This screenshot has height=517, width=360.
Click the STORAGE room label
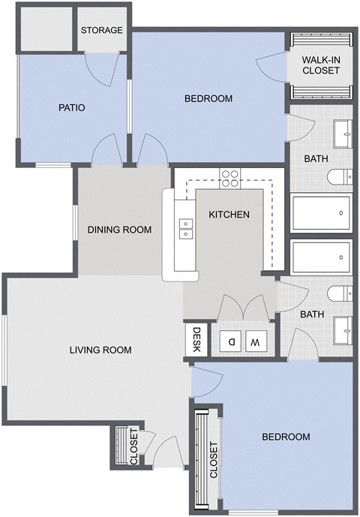101,30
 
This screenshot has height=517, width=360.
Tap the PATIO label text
72,107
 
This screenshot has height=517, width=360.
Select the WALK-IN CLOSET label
321,65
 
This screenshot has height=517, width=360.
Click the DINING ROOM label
120,230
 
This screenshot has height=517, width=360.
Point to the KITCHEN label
229,215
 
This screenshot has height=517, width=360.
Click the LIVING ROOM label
100,350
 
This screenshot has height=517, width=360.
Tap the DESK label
196,338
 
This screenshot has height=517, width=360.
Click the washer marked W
255,342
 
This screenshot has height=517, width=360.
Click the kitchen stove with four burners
229,178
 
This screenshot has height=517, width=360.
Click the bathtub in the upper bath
321,213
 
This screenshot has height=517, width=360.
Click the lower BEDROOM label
286,437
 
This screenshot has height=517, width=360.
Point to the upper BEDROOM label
208,98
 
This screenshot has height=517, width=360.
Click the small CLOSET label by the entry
134,446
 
